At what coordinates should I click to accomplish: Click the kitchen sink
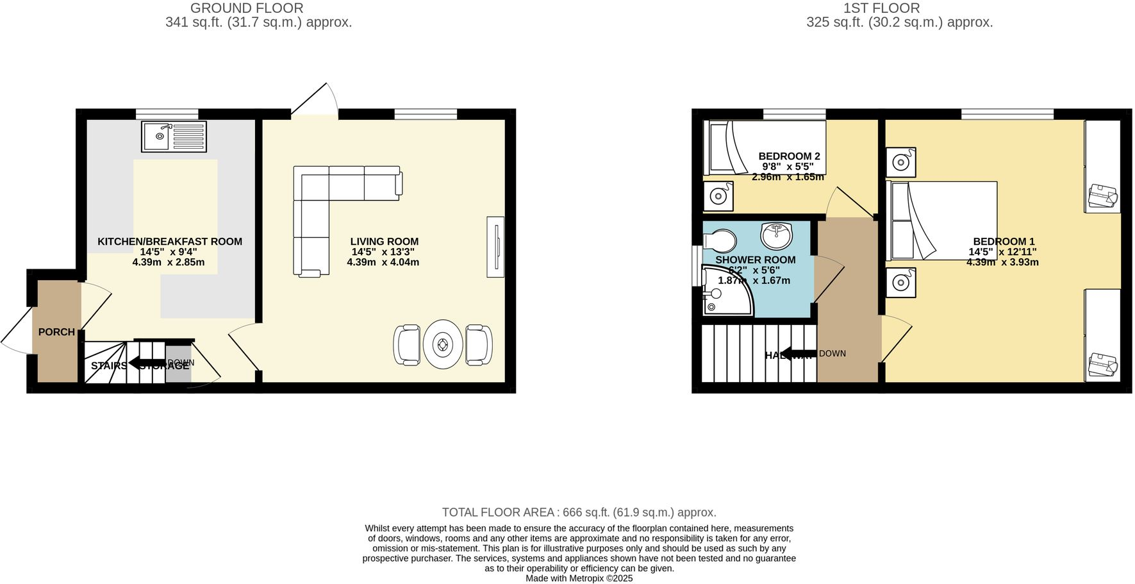click(x=174, y=136)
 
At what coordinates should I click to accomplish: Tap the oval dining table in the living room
click(x=443, y=345)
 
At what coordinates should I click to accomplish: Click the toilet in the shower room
click(x=720, y=241)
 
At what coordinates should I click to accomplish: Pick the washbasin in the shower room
click(x=776, y=235)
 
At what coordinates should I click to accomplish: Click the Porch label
click(x=56, y=332)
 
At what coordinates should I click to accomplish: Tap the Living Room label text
click(x=384, y=242)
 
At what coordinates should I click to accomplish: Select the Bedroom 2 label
click(x=789, y=156)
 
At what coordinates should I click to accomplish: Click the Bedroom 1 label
click(x=1004, y=242)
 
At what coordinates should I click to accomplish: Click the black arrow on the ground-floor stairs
click(x=147, y=363)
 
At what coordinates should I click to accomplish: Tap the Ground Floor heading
click(x=247, y=8)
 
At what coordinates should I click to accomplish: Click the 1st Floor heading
click(x=881, y=8)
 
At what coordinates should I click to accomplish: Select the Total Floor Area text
click(x=579, y=512)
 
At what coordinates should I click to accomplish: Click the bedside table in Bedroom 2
click(x=718, y=196)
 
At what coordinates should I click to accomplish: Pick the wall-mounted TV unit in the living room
click(x=495, y=247)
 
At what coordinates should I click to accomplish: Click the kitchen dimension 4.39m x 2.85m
click(x=169, y=262)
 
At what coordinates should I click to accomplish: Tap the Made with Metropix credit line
click(x=579, y=578)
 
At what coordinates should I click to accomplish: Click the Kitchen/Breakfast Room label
click(x=170, y=242)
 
